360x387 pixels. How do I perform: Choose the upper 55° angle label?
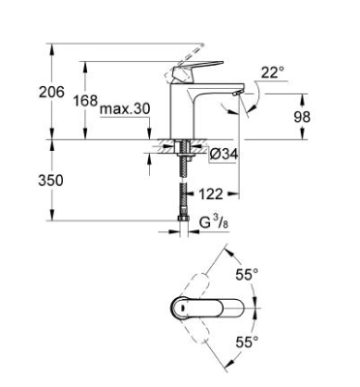tap(249, 275)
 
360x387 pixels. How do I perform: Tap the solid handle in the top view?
tap(198, 311)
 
